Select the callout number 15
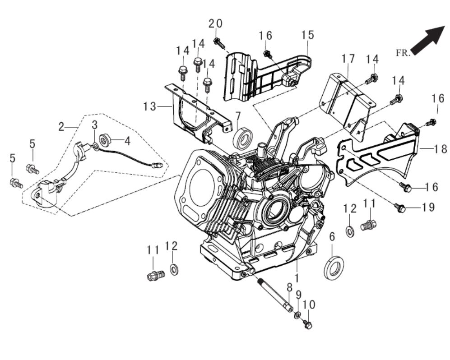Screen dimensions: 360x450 coord(308,35)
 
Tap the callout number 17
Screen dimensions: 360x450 coord(348,59)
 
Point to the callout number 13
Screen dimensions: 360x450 coord(150,106)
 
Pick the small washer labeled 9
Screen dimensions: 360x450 coord(298,314)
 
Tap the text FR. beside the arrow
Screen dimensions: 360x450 coord(403,53)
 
